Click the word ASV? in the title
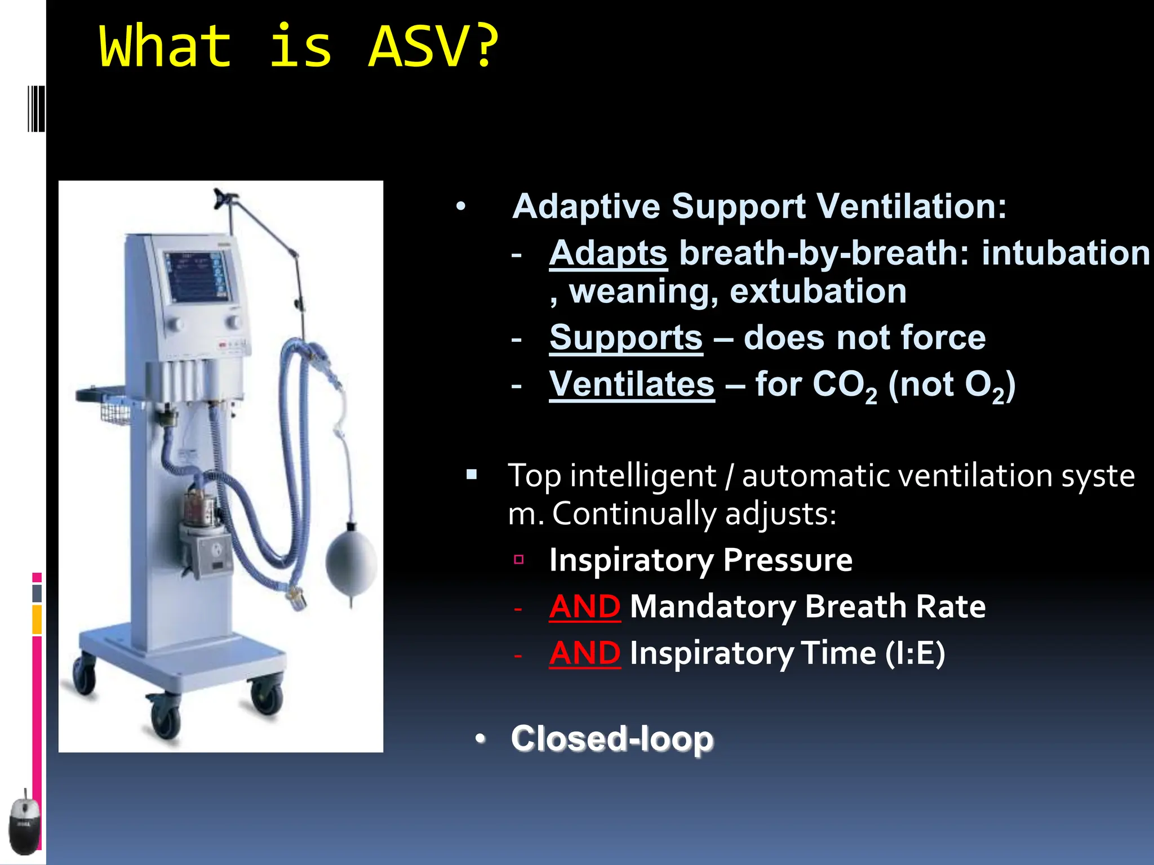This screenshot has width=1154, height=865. pos(433,47)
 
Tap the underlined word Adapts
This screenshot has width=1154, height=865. pos(608,253)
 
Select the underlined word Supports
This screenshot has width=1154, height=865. pos(626,337)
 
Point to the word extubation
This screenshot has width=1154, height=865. pos(818,291)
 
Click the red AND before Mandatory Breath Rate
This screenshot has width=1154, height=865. pos(585,607)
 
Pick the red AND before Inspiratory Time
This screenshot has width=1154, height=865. pos(585,653)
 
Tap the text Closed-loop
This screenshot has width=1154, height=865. pos(612,738)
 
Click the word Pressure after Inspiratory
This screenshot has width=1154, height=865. pos(787,560)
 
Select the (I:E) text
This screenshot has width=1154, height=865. pos(915,653)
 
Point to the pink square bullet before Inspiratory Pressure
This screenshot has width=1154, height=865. pos(519,559)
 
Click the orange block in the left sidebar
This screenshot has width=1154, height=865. pos(37,619)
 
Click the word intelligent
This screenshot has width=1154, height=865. pos(643,476)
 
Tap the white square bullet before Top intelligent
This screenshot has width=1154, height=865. pos(472,475)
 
